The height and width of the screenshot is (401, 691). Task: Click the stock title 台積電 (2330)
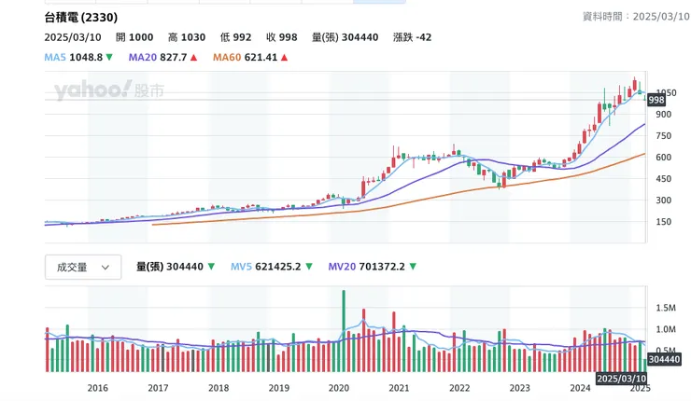click(x=80, y=18)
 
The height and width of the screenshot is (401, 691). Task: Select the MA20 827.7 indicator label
click(x=162, y=58)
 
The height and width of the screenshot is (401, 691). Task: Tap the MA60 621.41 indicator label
click(x=250, y=58)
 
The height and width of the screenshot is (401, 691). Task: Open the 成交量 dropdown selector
click(x=83, y=267)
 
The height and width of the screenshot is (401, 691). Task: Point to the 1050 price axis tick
click(x=666, y=92)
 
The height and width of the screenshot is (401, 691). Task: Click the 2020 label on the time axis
click(x=339, y=387)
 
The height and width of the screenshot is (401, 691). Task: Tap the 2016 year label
click(x=97, y=387)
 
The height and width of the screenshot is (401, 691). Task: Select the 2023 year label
click(x=520, y=387)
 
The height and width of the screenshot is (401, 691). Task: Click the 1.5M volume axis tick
click(x=666, y=307)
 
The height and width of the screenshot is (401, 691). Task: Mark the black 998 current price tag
click(x=656, y=100)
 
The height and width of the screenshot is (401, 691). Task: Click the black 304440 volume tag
click(x=663, y=360)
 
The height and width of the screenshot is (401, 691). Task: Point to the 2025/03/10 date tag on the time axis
click(x=621, y=379)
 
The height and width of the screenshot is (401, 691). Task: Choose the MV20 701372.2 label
click(x=373, y=267)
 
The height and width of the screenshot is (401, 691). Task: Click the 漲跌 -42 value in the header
click(x=411, y=37)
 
